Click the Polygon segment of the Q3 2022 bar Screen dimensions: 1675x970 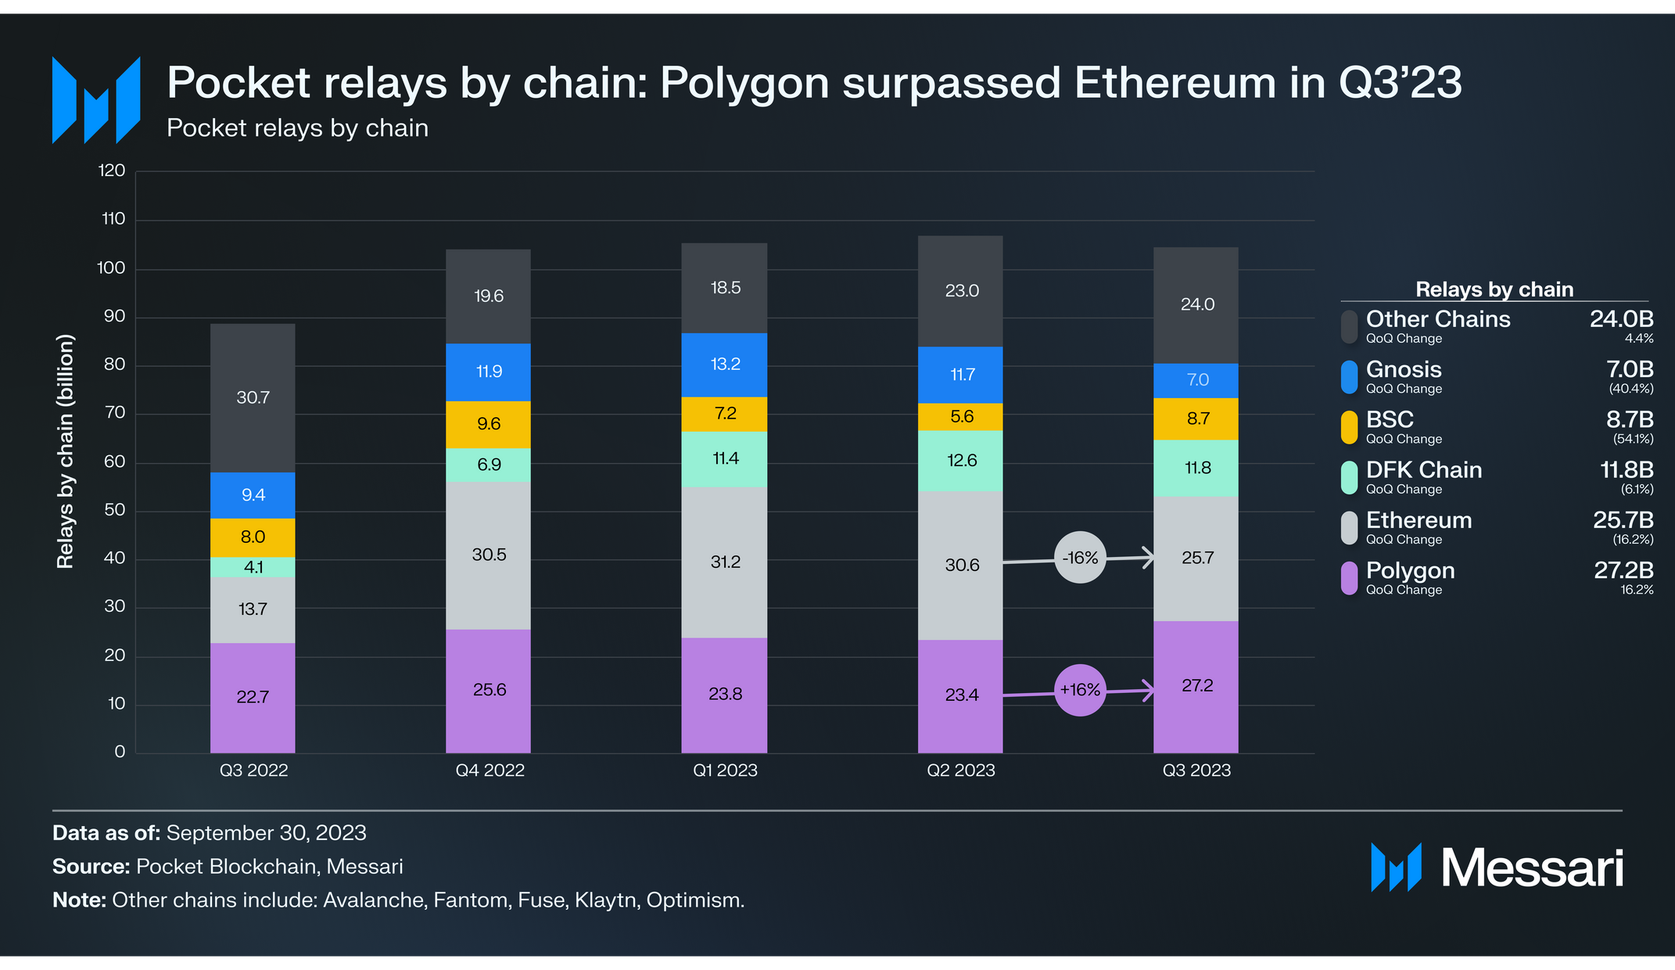click(x=253, y=698)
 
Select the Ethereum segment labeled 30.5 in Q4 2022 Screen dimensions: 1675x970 click(x=488, y=555)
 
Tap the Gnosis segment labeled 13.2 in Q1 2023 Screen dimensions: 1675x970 click(x=724, y=365)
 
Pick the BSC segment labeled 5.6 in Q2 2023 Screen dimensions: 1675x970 click(x=960, y=417)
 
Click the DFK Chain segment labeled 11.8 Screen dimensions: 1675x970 click(x=1196, y=469)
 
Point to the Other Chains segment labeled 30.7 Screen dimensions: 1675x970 click(x=253, y=398)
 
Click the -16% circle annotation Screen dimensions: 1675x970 click(x=1080, y=558)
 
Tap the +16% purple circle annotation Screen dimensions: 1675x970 click(x=1080, y=690)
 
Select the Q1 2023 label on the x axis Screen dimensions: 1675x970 click(x=725, y=771)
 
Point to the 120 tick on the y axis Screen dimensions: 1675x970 click(x=111, y=171)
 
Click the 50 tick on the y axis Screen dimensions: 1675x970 click(x=114, y=510)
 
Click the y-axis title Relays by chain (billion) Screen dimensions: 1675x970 click(x=66, y=451)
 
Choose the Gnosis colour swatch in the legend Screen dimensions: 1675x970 click(x=1349, y=377)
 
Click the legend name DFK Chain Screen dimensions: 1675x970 click(x=1424, y=470)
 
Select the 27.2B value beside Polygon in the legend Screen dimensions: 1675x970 click(x=1623, y=570)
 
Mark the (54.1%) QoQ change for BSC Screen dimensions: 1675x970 click(x=1633, y=439)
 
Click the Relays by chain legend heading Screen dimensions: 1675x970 click(x=1494, y=289)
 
